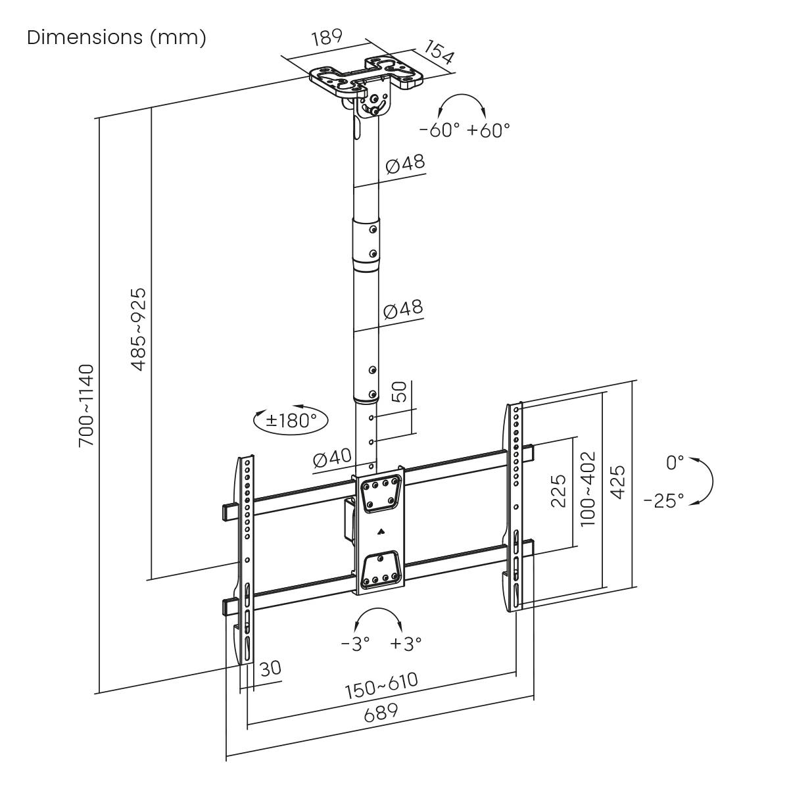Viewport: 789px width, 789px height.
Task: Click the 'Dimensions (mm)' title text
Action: click(x=116, y=37)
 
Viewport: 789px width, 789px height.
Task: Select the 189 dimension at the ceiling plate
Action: click(x=327, y=37)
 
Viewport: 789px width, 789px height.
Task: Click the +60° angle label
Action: click(x=489, y=130)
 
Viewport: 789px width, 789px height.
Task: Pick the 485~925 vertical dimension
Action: click(x=139, y=329)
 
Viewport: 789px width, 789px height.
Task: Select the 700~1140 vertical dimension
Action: click(x=87, y=406)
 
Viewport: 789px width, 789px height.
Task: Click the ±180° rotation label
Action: click(x=291, y=419)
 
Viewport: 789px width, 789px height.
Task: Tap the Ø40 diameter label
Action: click(x=332, y=459)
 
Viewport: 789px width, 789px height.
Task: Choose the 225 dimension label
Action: click(x=558, y=490)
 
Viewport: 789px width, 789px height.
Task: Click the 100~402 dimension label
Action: click(x=588, y=487)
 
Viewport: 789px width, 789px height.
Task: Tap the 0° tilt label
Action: click(x=675, y=463)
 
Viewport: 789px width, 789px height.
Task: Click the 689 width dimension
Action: click(x=381, y=711)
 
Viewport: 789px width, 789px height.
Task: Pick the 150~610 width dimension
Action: click(x=381, y=685)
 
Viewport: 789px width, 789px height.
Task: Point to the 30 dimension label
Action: click(x=270, y=668)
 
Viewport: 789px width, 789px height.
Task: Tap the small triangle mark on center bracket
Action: click(x=379, y=531)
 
